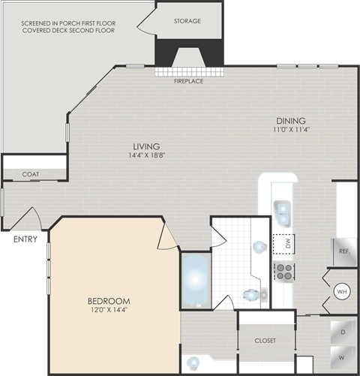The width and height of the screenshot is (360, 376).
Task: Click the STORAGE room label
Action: [187, 21]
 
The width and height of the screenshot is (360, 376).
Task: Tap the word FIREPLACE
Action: [188, 81]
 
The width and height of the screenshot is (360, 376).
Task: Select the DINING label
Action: [290, 121]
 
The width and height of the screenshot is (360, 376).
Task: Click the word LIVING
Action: [146, 146]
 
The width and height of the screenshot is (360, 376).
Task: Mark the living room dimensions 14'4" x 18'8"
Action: [146, 155]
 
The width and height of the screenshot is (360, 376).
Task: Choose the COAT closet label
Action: [31, 174]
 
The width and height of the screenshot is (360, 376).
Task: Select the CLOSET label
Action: [264, 340]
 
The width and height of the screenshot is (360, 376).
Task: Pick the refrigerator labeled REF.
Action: [344, 251]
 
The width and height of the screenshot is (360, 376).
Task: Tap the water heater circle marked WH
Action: [341, 291]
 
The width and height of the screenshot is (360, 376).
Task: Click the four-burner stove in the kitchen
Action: [283, 271]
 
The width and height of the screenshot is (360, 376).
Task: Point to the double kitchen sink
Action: [282, 213]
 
